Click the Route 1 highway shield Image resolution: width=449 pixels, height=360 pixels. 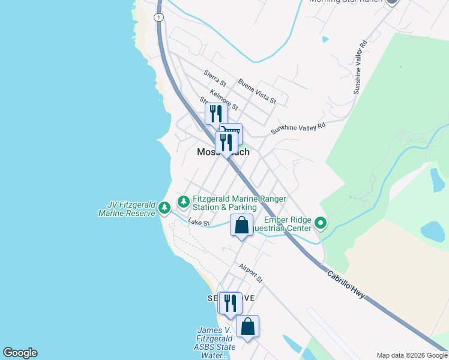point(158,17)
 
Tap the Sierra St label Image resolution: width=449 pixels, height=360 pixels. point(214,77)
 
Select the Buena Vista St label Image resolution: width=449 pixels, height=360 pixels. point(256,91)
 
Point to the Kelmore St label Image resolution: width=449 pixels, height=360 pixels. point(224,100)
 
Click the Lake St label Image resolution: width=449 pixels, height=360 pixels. point(199,223)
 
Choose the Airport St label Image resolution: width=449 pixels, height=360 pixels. point(251,272)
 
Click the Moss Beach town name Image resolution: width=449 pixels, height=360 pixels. point(223,152)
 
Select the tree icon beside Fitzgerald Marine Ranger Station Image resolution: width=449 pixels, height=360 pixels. point(183,200)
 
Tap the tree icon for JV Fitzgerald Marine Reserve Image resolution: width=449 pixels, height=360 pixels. point(164,208)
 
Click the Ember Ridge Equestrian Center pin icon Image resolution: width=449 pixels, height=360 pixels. point(321,224)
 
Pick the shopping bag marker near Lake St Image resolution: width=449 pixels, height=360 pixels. point(241,226)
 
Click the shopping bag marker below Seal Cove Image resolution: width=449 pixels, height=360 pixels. point(247,326)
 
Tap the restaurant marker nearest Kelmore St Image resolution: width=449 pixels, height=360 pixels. point(214,113)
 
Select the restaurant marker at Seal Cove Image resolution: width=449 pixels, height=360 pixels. point(229,303)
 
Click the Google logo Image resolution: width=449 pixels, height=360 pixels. point(20,353)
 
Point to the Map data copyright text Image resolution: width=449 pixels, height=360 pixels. point(412,355)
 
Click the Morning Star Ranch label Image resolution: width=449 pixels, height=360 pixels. point(345,1)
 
